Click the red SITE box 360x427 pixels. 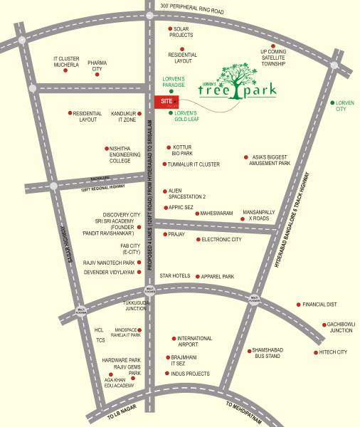tap(166, 102)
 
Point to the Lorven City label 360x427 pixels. tap(345, 106)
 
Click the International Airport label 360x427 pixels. tap(195, 342)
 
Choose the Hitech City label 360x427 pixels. tap(332, 352)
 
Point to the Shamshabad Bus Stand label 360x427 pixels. tap(268, 354)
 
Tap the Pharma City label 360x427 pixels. tap(96, 66)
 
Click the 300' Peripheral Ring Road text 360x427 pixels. tap(191, 6)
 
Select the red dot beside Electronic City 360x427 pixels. tap(198, 240)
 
